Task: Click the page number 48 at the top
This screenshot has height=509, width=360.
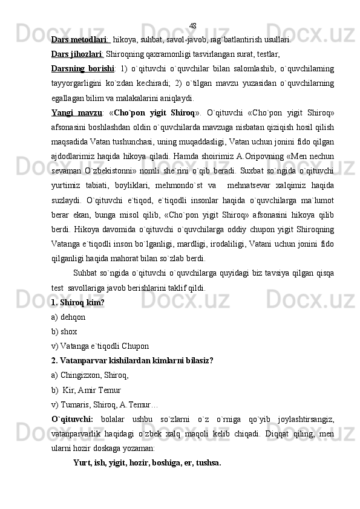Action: (193, 26)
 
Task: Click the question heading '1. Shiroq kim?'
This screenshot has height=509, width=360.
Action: (78, 302)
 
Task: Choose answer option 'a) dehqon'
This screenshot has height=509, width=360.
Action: (68, 316)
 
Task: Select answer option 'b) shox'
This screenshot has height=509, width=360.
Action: (64, 331)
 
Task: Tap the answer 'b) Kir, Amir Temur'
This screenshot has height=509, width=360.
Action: (87, 389)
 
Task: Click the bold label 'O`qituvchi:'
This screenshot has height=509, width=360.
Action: (72, 419)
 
